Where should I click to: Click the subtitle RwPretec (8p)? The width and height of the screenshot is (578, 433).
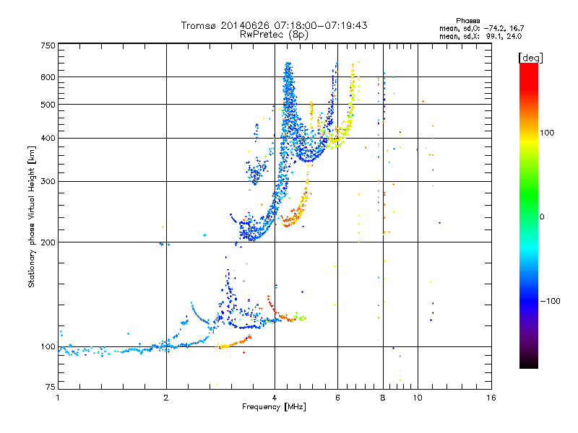point(274,35)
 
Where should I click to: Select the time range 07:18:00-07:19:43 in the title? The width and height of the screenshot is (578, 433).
point(320,25)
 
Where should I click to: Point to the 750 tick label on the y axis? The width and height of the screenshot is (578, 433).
point(48,45)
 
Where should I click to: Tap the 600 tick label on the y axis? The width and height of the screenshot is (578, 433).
point(48,77)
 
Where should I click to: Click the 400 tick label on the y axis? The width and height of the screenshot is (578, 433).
point(48,139)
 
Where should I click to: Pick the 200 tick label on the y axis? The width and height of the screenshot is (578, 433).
point(48,242)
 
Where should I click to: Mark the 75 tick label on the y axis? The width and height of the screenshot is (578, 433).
point(51,387)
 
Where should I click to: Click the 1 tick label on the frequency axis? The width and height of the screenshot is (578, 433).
point(58,398)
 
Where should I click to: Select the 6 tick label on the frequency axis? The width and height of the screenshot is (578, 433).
point(337,398)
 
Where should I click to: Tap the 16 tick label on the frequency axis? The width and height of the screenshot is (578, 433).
point(491,398)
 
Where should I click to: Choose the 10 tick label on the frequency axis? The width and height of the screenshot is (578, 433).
point(418,398)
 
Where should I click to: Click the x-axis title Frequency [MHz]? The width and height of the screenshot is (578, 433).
point(274,407)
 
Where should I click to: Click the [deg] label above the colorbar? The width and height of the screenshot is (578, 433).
point(531,58)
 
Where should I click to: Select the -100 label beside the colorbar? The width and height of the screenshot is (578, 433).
point(550,301)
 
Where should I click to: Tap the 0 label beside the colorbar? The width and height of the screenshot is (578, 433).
point(542,217)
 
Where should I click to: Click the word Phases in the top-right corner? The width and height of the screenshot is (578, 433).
point(468,21)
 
